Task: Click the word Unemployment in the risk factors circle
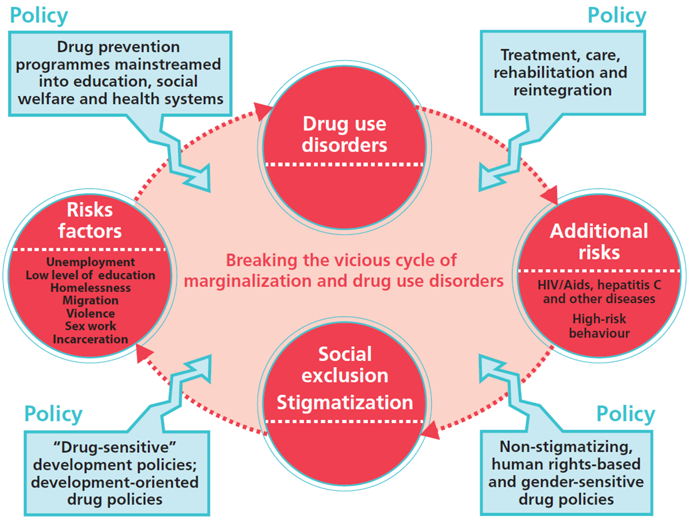click(90, 263)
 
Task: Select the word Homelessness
click(90, 288)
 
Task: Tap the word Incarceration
click(90, 339)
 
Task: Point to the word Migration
click(90, 301)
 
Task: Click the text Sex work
click(90, 326)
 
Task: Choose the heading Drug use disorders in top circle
click(344, 134)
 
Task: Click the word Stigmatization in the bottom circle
click(344, 402)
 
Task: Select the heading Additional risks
click(598, 241)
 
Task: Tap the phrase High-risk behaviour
click(598, 326)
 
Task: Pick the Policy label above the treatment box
click(617, 15)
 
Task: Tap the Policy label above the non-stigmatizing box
click(625, 414)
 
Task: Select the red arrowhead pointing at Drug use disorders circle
click(263, 111)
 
